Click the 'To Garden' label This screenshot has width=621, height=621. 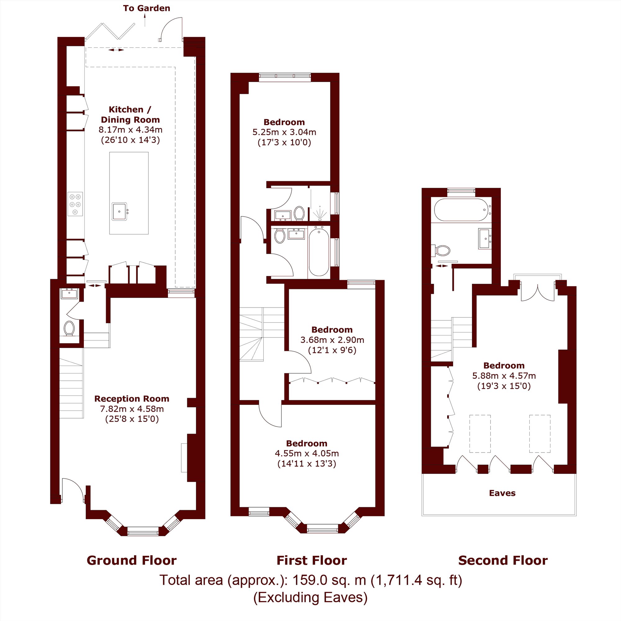(147, 8)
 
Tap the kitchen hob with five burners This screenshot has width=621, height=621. (75, 204)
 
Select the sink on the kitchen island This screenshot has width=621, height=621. (119, 211)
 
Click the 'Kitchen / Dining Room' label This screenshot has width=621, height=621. (130, 115)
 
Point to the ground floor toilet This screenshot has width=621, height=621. (69, 328)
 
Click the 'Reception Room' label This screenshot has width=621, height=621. (132, 399)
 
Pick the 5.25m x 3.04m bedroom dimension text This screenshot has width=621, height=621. (284, 132)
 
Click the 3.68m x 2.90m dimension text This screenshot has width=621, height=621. (332, 340)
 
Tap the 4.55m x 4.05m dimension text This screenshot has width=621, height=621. (307, 453)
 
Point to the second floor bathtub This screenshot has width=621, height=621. (462, 210)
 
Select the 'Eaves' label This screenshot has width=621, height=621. (502, 493)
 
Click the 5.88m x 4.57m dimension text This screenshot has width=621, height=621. (504, 375)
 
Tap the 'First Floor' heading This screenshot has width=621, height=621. (311, 560)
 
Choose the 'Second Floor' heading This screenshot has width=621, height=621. (503, 560)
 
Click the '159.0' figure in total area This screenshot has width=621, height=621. (309, 580)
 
